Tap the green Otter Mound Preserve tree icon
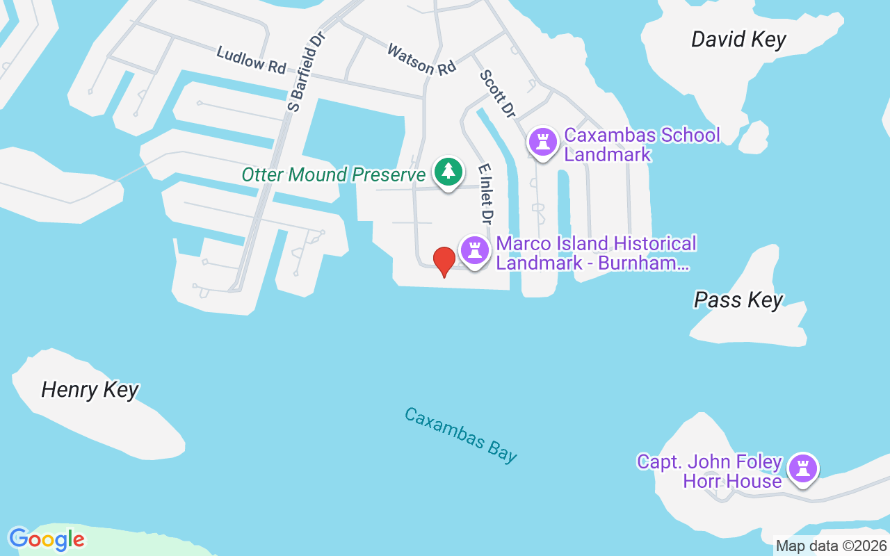coord(448,171)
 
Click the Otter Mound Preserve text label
coord(333,174)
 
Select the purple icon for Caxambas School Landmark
coord(543,142)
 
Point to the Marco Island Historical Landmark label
coord(596,253)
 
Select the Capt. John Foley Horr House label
coord(710,471)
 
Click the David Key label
coord(738,40)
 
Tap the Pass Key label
coord(738,300)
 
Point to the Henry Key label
coord(90,390)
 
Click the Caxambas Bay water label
coord(461,435)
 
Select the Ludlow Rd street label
coord(251,60)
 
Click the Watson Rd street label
coord(421,59)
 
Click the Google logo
coord(47,539)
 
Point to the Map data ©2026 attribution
coord(832,546)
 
